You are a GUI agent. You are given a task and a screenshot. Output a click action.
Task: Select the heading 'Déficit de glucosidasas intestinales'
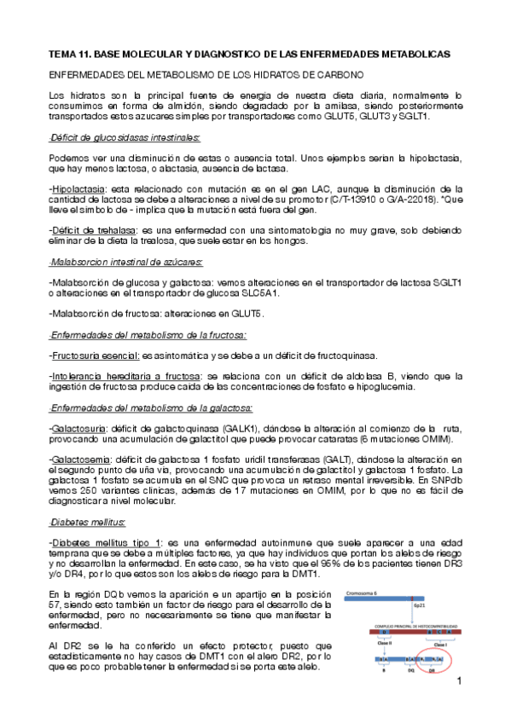pos(125,137)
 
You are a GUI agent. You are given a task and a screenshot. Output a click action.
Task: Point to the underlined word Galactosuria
pos(79,427)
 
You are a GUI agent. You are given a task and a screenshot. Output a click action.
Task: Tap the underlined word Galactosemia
pos(80,459)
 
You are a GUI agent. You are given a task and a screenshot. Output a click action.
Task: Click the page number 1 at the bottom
pos(459,683)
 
